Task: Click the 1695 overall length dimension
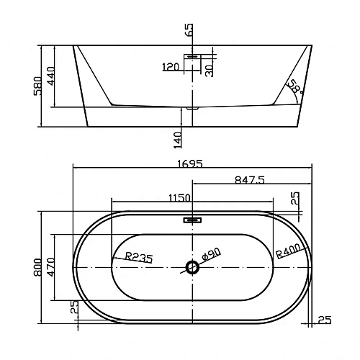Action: tap(190, 163)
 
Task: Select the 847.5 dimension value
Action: tap(250, 179)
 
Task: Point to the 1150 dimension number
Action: tap(179, 198)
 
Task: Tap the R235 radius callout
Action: tap(139, 257)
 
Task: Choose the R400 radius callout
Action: tap(288, 251)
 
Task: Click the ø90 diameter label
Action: tap(211, 254)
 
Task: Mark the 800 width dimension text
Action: tap(37, 267)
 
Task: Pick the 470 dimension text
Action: tap(51, 267)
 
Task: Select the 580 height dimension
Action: tap(37, 86)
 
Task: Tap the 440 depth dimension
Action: tap(51, 76)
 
